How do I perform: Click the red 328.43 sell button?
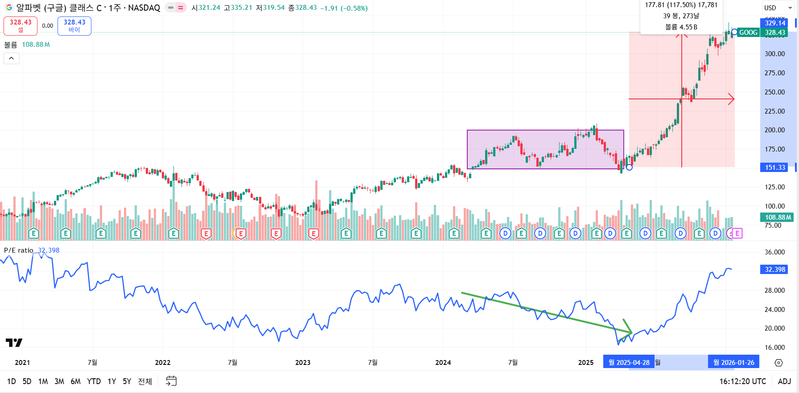21,26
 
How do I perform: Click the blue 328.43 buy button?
74,26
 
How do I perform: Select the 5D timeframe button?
27,381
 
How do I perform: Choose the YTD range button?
94,381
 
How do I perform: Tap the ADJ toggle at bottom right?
784,381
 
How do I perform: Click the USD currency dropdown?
778,8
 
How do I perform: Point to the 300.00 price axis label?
774,54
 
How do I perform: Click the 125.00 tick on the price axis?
774,187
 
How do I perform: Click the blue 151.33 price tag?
775,168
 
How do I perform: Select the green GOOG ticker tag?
748,33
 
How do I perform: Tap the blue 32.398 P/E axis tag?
774,270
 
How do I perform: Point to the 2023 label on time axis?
303,363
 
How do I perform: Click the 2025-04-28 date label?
629,363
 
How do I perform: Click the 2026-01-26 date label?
733,363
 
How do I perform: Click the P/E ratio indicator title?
19,250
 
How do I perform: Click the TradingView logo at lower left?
14,343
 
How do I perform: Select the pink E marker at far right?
737,233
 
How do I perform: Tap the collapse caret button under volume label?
12,58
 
